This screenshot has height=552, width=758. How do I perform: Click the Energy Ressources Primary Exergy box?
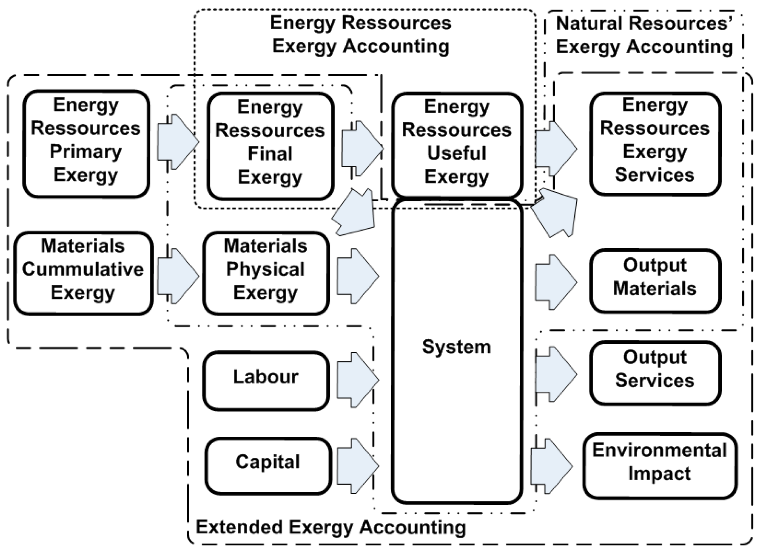(86, 144)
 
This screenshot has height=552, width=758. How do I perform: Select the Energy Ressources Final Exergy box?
(270, 146)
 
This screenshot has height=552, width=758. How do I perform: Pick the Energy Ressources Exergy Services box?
(655, 144)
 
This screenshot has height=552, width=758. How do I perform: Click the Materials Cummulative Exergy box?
(83, 273)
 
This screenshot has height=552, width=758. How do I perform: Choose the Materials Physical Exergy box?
(266, 273)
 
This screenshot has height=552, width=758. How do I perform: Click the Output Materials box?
(655, 281)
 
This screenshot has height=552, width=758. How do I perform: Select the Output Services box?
(655, 373)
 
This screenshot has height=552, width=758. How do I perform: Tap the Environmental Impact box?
(660, 466)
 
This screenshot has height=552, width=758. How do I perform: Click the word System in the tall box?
(457, 346)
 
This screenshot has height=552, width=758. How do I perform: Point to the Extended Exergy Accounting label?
(331, 527)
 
